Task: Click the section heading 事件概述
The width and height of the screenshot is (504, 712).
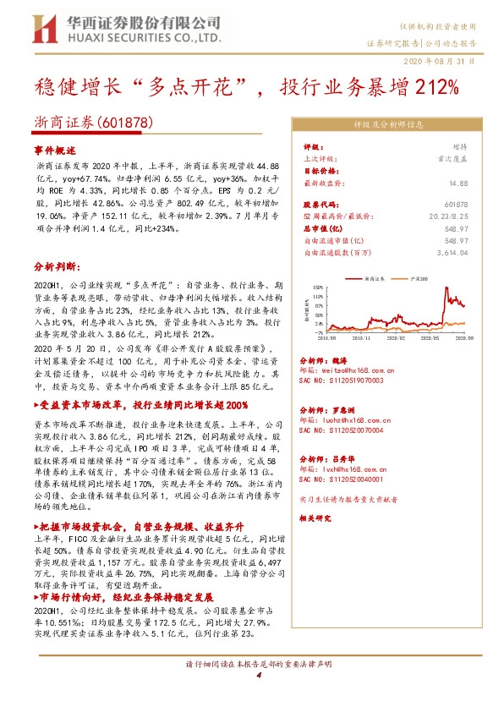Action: click(x=55, y=148)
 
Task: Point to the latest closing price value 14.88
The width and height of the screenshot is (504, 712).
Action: click(x=458, y=183)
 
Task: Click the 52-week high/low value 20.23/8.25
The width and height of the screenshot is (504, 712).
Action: click(x=445, y=216)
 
